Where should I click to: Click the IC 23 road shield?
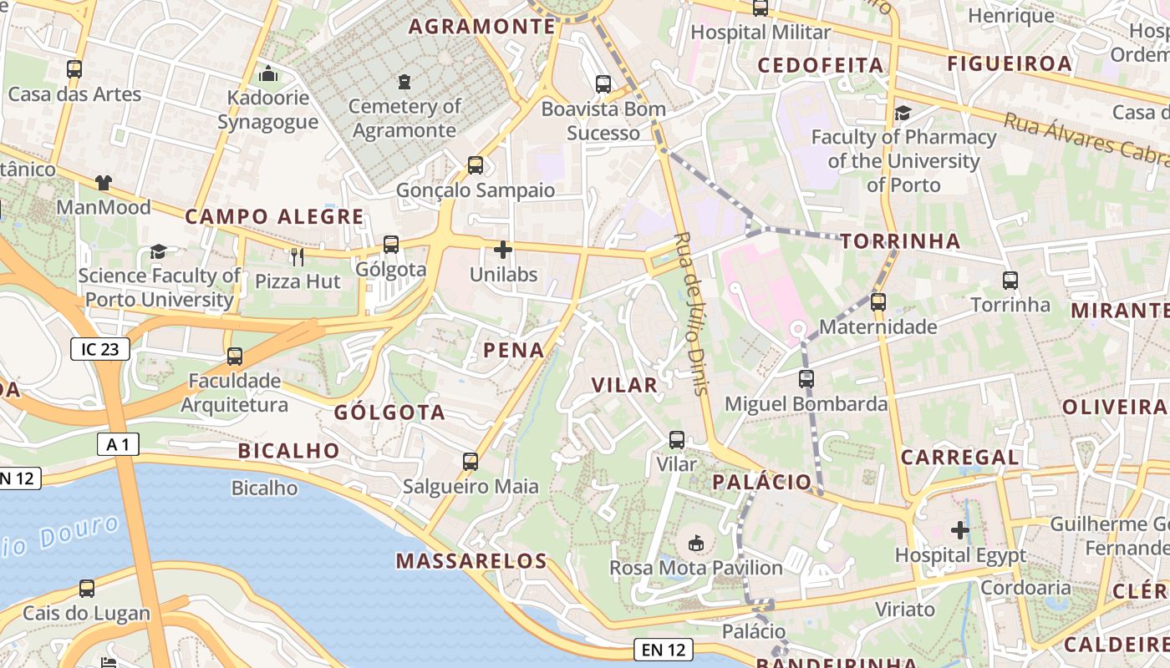100,349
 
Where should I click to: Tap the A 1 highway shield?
118,444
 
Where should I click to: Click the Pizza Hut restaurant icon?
298,256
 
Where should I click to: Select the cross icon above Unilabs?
503,250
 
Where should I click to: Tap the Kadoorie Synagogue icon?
267,74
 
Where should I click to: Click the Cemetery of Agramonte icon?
404,82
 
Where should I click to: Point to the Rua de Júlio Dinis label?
691,313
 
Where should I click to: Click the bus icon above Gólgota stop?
390,245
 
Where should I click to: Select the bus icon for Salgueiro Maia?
471,461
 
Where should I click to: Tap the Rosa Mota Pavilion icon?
695,544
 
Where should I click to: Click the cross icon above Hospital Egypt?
960,530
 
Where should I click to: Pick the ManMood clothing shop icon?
104,183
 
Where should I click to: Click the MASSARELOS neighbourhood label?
471,560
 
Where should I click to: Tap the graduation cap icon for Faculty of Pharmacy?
903,113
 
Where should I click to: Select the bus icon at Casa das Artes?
74,69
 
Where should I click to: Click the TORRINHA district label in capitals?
900,241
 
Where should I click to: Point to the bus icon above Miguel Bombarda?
806,379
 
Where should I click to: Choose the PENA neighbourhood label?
513,350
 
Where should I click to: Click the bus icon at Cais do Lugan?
86,589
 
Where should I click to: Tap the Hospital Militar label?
760,33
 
